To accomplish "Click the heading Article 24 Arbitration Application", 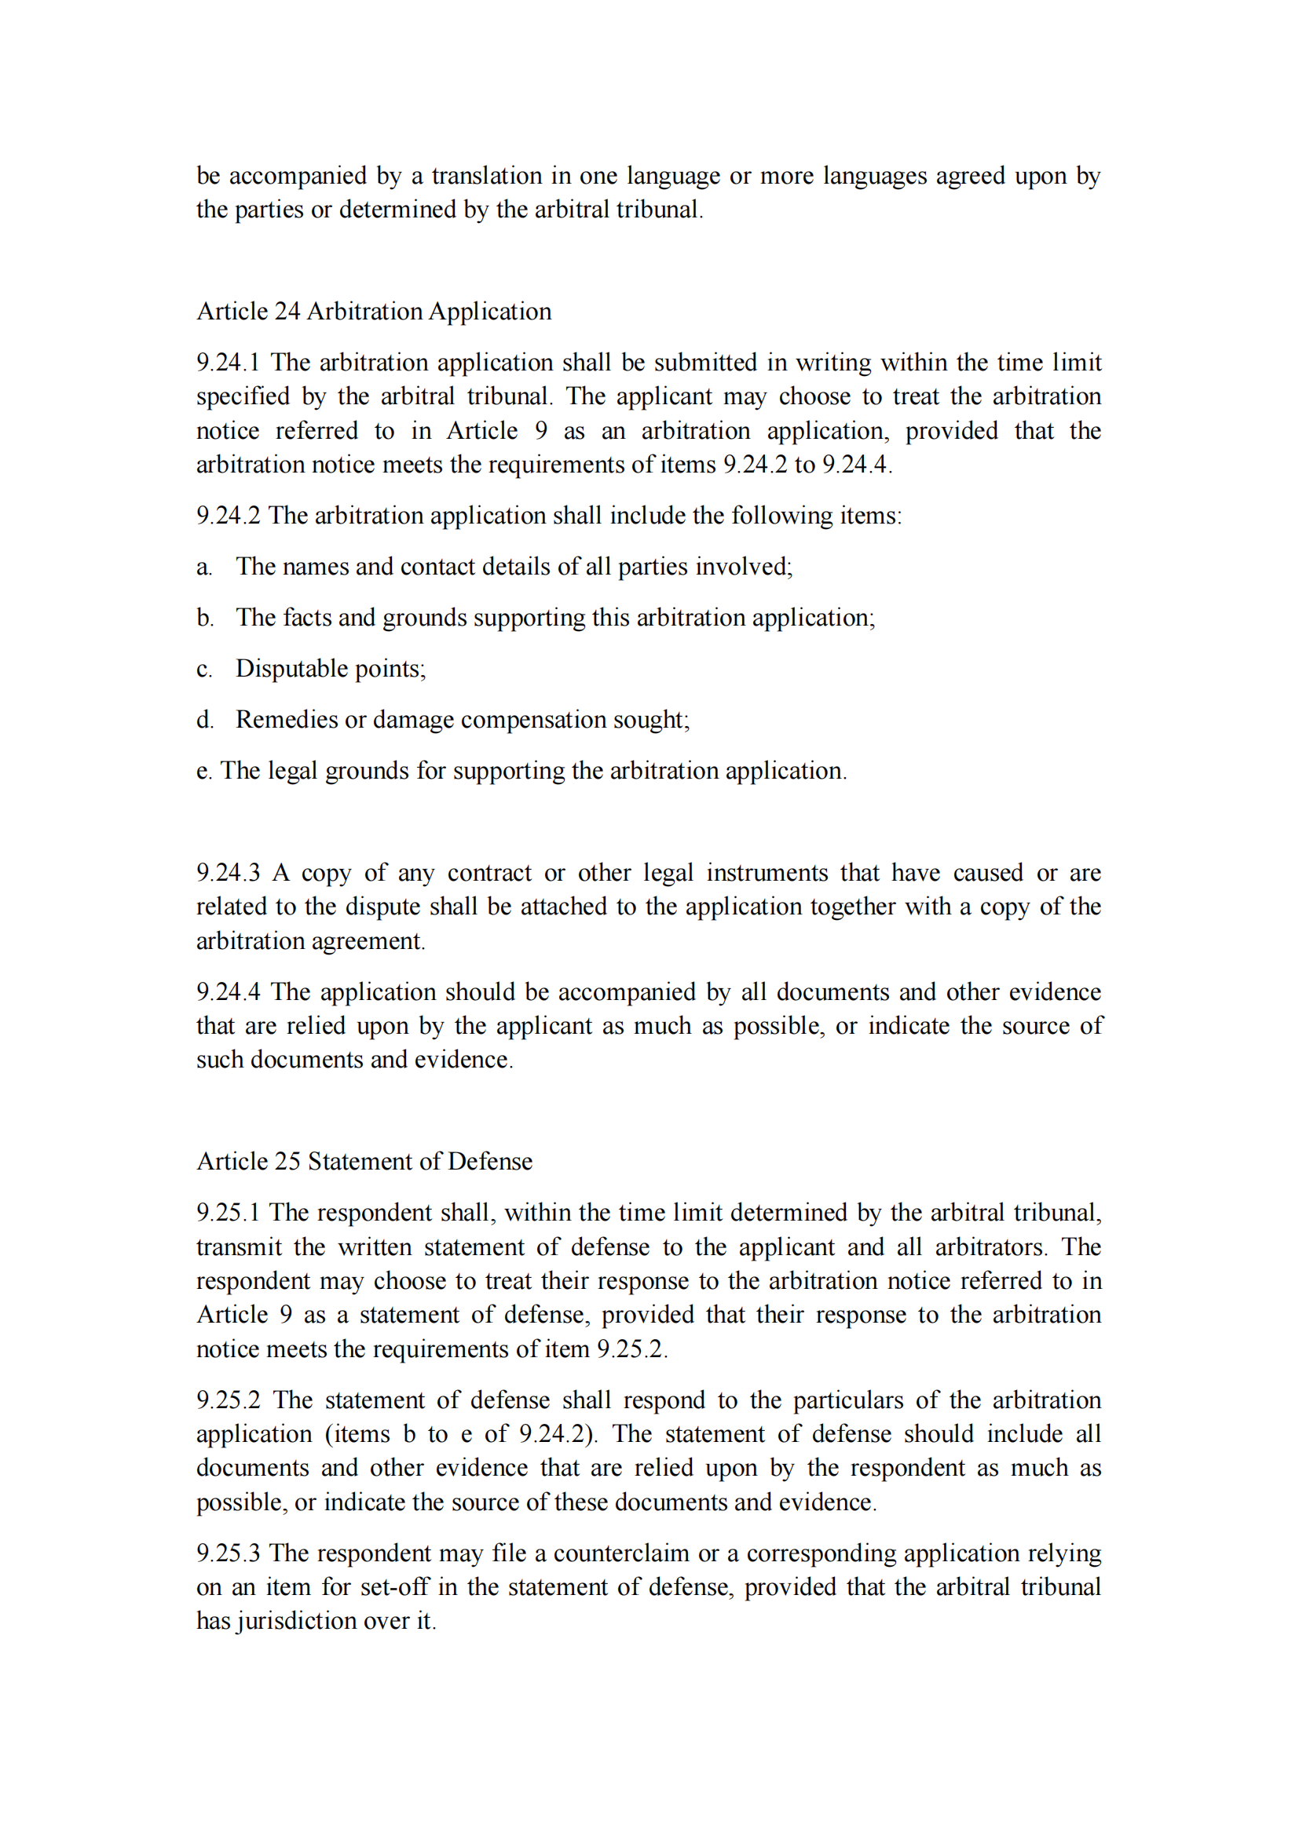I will pyautogui.click(x=374, y=311).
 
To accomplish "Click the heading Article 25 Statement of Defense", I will pyautogui.click(x=364, y=1161).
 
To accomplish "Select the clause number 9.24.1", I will pyautogui.click(x=228, y=362).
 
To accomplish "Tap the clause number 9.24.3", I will pyautogui.click(x=228, y=872).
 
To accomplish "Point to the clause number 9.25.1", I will pyautogui.click(x=228, y=1212).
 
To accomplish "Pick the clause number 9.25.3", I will pyautogui.click(x=228, y=1553).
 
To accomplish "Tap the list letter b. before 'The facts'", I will pyautogui.click(x=205, y=618).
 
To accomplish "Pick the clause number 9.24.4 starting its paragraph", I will pyautogui.click(x=228, y=991).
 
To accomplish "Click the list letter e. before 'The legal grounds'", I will pyautogui.click(x=204, y=771).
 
